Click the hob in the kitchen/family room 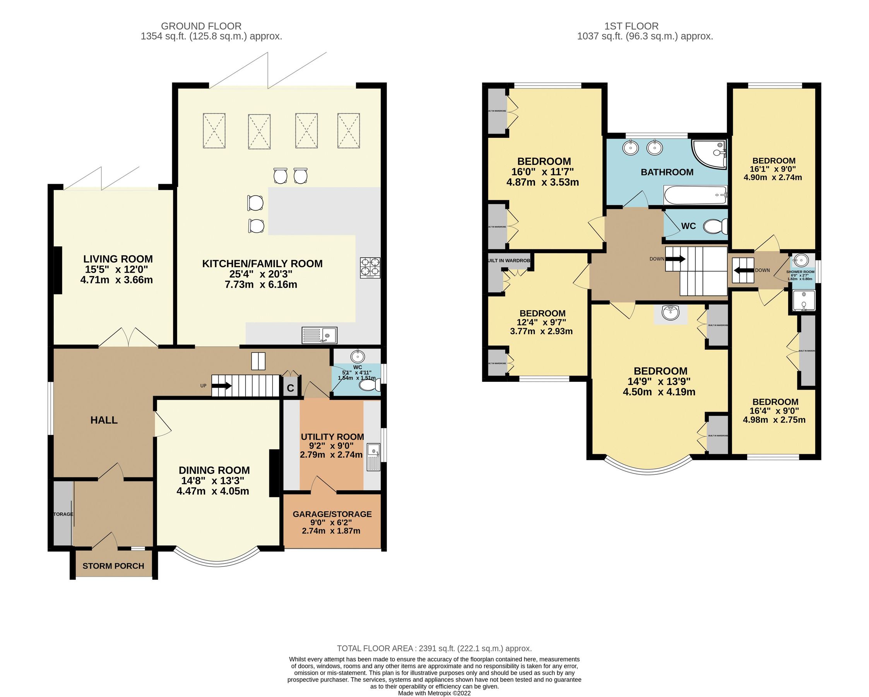369,268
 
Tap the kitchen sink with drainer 319,335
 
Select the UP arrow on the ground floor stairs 221,386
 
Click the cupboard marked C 290,388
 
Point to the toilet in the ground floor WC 369,386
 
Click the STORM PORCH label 113,566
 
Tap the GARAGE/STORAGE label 332,514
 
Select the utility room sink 374,457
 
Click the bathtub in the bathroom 695,196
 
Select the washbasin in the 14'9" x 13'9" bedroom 671,312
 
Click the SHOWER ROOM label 800,272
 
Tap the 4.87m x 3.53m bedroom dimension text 542,182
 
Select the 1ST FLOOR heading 631,26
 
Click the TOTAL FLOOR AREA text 434,649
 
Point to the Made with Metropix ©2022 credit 434,694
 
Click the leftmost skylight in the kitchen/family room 214,131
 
